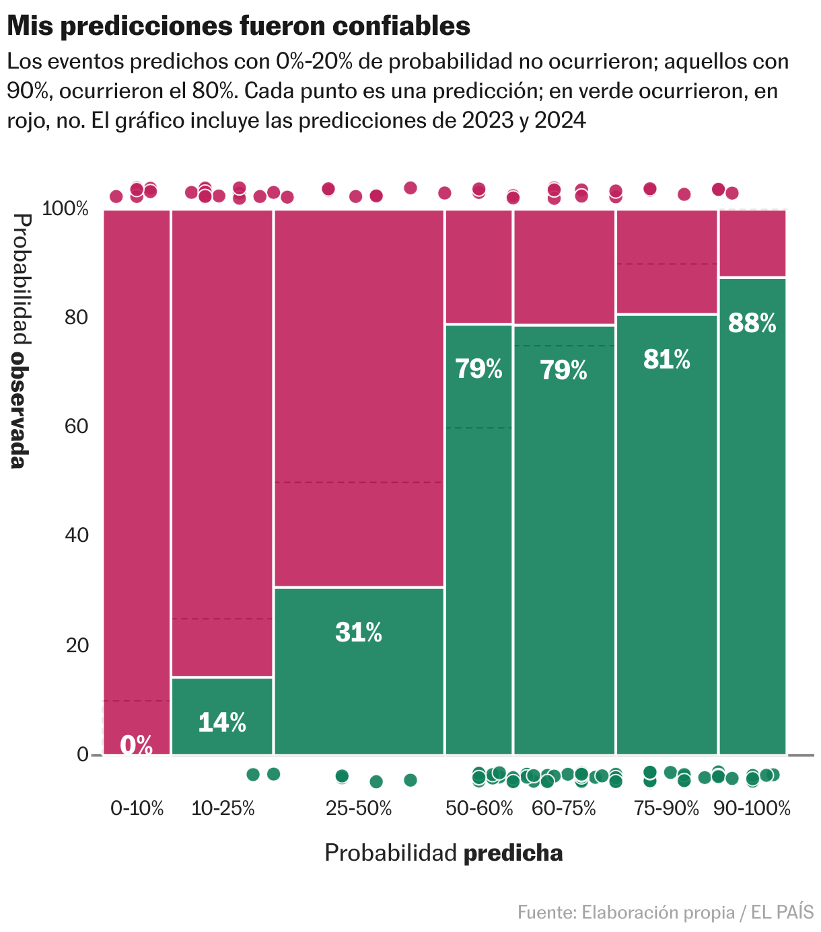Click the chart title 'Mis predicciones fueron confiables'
238,26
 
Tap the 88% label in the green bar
752,323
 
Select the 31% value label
359,633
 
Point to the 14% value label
222,722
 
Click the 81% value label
666,360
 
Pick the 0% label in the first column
137,744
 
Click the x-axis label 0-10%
137,808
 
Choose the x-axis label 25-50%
359,808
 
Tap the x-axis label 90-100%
752,808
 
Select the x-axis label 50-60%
479,808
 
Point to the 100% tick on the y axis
65,209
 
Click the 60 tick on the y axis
77,426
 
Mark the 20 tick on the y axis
77,645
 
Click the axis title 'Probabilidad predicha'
443,853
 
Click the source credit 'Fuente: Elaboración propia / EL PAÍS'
665,912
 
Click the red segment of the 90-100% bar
752,243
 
